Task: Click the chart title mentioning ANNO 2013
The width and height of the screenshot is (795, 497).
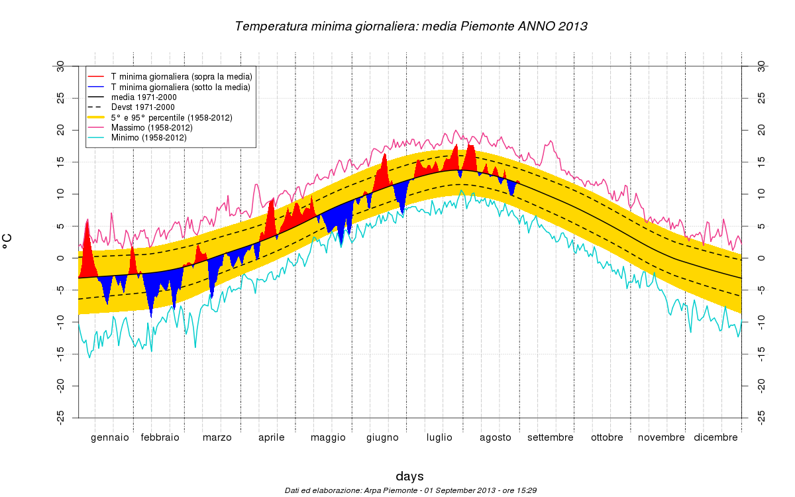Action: coord(411,27)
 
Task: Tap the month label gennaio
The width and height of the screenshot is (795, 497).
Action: coord(110,437)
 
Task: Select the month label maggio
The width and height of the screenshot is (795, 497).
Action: coord(328,437)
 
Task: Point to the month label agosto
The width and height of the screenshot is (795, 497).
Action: coord(496,437)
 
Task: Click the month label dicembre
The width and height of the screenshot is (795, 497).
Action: coord(715,437)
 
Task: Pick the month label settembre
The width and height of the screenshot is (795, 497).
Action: coord(551,437)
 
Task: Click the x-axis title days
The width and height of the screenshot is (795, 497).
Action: coord(409,476)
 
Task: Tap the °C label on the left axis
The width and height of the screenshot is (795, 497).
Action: coord(8,241)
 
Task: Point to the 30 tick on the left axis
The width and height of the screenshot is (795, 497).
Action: coord(60,66)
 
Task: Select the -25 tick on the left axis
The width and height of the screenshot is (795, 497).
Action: coord(60,417)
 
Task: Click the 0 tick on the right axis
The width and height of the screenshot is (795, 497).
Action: coord(761,258)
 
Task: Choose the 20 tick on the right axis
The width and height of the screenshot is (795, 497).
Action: coord(761,131)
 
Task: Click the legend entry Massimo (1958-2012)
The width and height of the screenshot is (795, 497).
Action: coord(152,127)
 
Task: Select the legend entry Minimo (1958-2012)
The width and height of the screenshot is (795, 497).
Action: coord(149,138)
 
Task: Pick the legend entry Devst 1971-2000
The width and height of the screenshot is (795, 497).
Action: coord(143,107)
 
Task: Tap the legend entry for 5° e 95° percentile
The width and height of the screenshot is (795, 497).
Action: coord(172,117)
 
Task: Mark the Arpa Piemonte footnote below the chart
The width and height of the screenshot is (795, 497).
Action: coord(410,490)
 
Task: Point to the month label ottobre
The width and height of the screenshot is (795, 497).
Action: coord(607,437)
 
